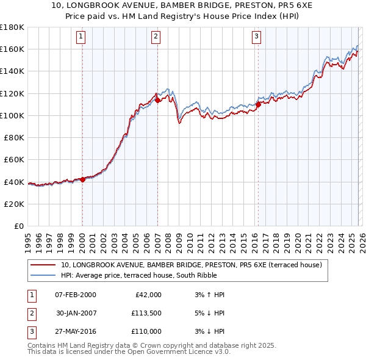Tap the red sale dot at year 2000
pos(82,179)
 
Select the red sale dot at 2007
pos(157,101)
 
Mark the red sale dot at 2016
pos(258,104)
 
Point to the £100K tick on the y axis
pos(12,115)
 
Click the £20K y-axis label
pos(14,204)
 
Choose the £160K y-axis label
pos(12,49)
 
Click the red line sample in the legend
pos(44,265)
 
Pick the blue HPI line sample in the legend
pos(44,275)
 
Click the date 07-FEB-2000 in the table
pos(75,295)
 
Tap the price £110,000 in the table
pos(146,331)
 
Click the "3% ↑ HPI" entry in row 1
pos(207,295)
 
